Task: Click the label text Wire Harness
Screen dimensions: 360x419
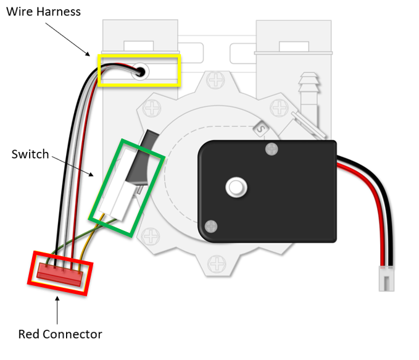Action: coord(43,12)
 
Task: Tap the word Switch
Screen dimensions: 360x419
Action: coord(30,154)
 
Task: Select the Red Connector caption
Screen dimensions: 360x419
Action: coord(60,334)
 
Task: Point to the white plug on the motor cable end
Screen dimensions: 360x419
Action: coord(386,279)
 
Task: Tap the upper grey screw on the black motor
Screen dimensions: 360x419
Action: coord(270,148)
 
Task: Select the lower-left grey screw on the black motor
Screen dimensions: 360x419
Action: coord(211,227)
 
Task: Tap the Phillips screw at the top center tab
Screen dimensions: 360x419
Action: coord(216,80)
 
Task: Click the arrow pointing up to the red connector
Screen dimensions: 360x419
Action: coord(57,309)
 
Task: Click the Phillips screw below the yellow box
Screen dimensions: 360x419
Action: coord(151,107)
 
